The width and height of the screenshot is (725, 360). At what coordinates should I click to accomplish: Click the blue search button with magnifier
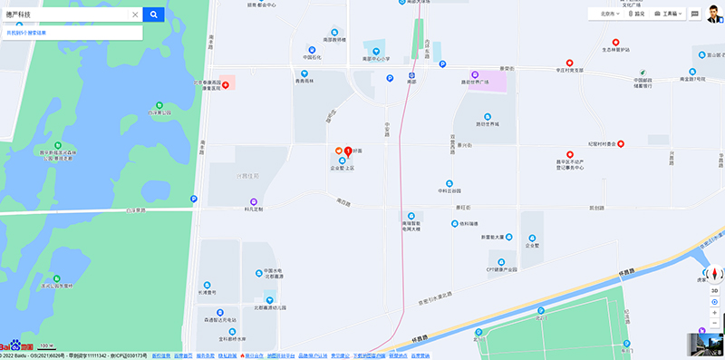pos(154,15)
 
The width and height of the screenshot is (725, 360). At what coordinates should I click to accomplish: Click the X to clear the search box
pos(135,15)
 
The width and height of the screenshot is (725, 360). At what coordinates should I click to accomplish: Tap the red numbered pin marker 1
pos(348,148)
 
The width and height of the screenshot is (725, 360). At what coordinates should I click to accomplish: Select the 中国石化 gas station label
pos(312,57)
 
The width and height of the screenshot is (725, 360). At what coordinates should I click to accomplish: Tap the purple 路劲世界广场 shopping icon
pos(472,74)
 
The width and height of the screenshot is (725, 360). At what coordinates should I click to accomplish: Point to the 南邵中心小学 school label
pos(375,58)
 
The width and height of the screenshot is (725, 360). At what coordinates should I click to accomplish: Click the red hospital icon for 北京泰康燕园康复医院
pos(226,83)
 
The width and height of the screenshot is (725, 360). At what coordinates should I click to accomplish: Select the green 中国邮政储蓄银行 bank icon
pos(642,73)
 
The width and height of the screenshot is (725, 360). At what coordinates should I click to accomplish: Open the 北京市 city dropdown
pos(604,15)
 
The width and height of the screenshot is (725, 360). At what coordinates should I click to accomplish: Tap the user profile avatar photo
pos(715,14)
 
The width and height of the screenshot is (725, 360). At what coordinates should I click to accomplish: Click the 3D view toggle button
pos(714,290)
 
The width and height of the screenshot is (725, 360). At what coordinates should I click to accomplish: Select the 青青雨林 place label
pos(308,81)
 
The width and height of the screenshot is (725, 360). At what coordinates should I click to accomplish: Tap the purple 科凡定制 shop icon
pos(253,200)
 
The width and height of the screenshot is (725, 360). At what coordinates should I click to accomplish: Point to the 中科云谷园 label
pos(449,191)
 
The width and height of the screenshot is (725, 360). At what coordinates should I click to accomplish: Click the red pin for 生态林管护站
pos(615,42)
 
